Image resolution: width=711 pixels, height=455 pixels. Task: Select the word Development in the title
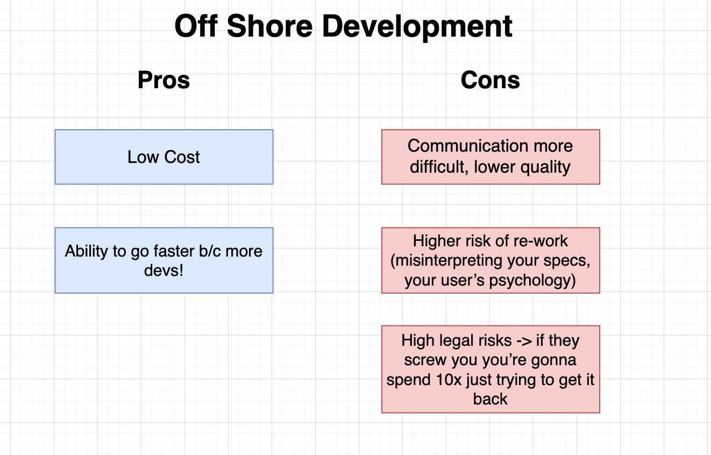pos(417,26)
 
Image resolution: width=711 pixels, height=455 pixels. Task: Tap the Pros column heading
pos(163,80)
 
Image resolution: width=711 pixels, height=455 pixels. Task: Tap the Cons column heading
pos(490,80)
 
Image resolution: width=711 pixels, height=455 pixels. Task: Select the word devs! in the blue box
pos(164,270)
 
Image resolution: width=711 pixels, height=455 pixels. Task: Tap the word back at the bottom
pos(490,399)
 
